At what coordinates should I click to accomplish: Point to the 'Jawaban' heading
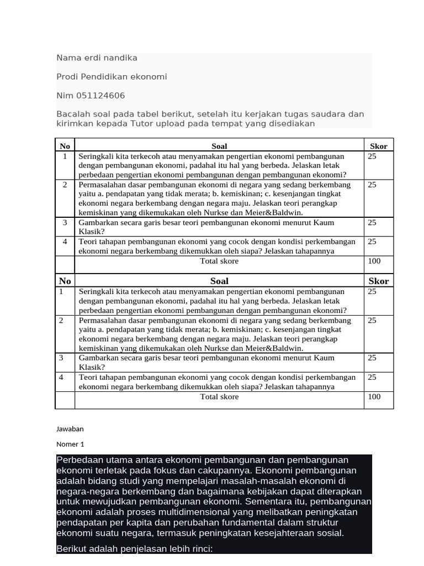(70, 429)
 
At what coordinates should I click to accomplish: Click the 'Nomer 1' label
(70, 444)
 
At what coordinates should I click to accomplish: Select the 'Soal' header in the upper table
(219, 146)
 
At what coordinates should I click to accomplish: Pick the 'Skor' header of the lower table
(378, 281)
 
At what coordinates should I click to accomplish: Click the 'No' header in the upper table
(65, 146)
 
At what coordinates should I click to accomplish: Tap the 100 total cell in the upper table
(374, 261)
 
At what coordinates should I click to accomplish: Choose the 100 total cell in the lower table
(374, 397)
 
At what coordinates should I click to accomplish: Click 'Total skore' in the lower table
(219, 397)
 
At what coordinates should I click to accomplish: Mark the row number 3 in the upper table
(65, 222)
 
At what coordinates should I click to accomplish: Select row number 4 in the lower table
(61, 377)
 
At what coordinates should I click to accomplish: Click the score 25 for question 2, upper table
(372, 185)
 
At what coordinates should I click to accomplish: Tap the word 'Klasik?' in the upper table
(91, 232)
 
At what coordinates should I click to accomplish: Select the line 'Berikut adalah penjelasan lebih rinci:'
(134, 549)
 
